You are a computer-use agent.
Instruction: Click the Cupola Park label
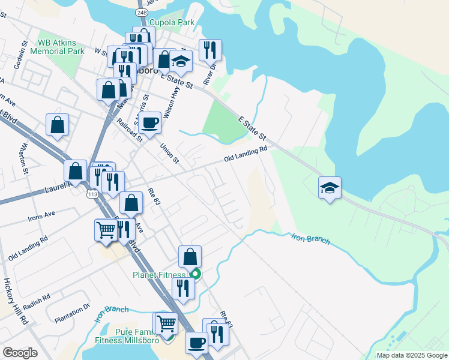[172, 22]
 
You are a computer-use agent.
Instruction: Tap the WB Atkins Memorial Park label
[61, 47]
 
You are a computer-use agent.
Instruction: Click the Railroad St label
[129, 128]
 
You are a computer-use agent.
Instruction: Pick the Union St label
[169, 152]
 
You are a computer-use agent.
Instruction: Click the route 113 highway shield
[92, 194]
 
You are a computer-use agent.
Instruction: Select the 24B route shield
[141, 12]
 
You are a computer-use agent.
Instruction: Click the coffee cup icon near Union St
[149, 122]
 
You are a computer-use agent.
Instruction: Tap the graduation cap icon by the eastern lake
[330, 187]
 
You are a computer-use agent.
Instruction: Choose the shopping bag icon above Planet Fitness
[190, 256]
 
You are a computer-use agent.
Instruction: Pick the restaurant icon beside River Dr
[210, 50]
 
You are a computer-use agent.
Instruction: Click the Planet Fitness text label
[160, 275]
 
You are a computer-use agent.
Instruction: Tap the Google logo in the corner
[20, 353]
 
